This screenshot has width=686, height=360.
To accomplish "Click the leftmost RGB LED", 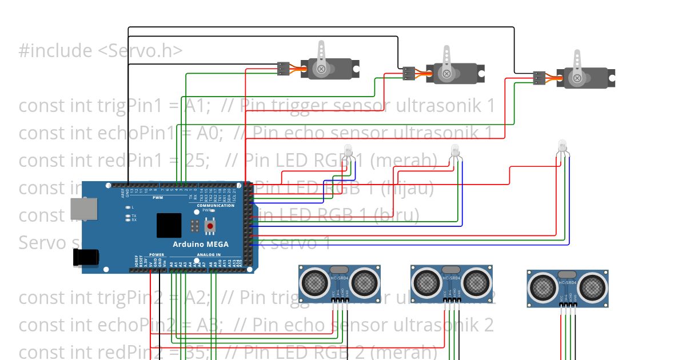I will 349,150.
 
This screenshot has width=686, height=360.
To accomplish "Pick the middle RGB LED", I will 455,150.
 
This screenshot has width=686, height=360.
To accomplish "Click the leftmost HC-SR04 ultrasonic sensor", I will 340,282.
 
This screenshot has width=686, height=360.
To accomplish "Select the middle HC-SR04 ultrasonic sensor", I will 452,282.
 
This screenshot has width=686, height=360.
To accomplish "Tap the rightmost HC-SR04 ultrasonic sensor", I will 567,288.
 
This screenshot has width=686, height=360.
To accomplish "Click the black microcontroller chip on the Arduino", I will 169,225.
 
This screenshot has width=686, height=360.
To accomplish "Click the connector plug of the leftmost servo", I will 284,69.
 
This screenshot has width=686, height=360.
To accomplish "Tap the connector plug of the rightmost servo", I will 539,78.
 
